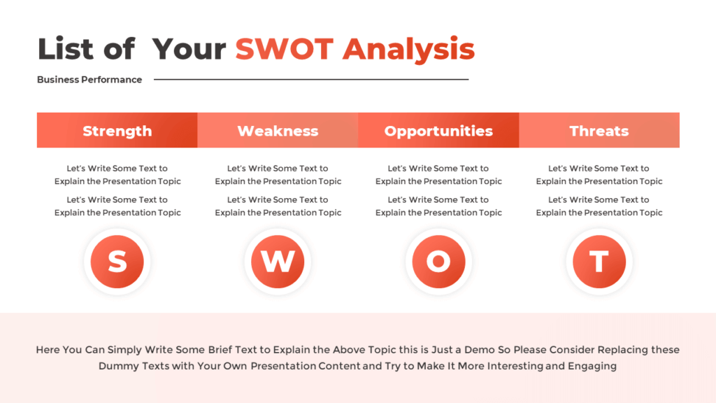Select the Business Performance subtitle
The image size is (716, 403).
point(89,80)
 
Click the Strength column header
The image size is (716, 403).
point(117,131)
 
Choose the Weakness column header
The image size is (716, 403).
point(278,131)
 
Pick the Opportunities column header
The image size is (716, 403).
point(438,131)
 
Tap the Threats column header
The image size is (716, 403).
point(599,131)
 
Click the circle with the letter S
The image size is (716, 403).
point(117,262)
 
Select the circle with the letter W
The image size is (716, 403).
point(278,262)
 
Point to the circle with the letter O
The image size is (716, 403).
point(438,262)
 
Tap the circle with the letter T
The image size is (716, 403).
point(599,262)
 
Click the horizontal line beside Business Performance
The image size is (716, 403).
point(311,80)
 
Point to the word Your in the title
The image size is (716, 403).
point(189,49)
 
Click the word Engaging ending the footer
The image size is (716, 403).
point(594,366)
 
